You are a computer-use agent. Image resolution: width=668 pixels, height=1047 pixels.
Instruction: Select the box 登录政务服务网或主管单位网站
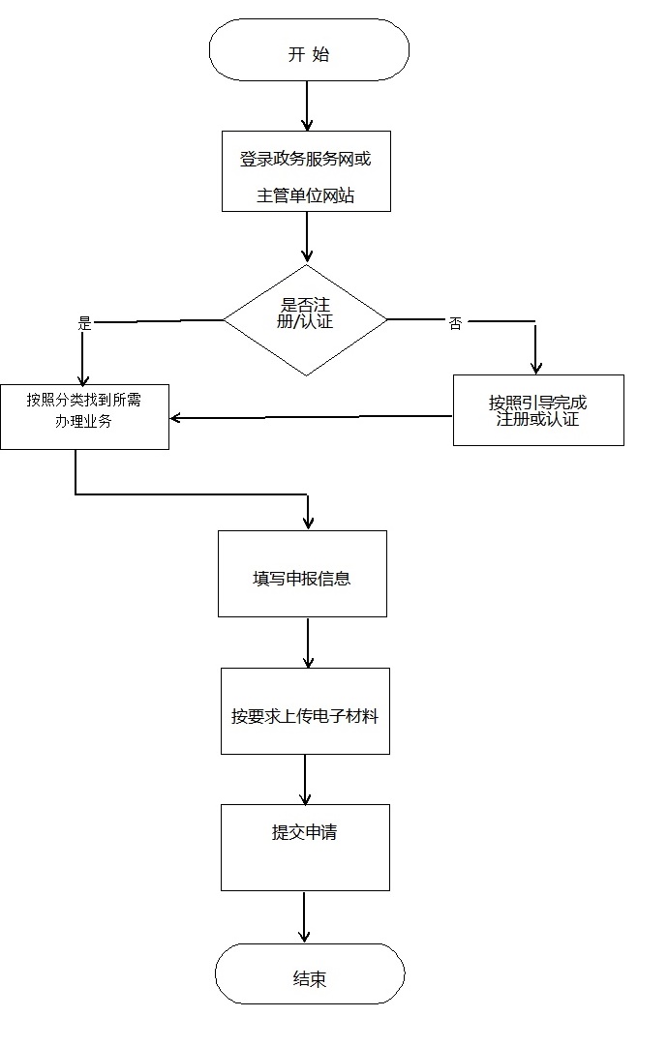pyautogui.click(x=306, y=171)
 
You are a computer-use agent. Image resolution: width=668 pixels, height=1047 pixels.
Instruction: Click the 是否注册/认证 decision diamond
pyautogui.click(x=306, y=319)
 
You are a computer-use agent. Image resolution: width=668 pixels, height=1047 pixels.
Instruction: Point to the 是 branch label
pyautogui.click(x=84, y=324)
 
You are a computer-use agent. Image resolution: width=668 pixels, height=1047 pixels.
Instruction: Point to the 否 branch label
pyautogui.click(x=455, y=324)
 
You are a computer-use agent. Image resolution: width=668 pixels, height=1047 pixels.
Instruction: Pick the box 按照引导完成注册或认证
pyautogui.click(x=538, y=410)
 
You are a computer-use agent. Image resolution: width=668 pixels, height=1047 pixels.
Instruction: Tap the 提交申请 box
pyautogui.click(x=305, y=847)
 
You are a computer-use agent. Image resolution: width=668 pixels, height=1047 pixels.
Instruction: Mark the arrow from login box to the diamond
pyautogui.click(x=307, y=237)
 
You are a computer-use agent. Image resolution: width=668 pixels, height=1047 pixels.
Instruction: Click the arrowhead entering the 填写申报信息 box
pyautogui.click(x=308, y=523)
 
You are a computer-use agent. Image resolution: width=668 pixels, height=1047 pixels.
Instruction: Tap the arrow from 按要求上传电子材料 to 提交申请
pyautogui.click(x=305, y=779)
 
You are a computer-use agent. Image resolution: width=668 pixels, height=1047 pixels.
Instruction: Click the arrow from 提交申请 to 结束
pyautogui.click(x=304, y=916)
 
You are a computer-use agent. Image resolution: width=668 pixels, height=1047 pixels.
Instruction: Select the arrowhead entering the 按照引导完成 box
pyautogui.click(x=535, y=367)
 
